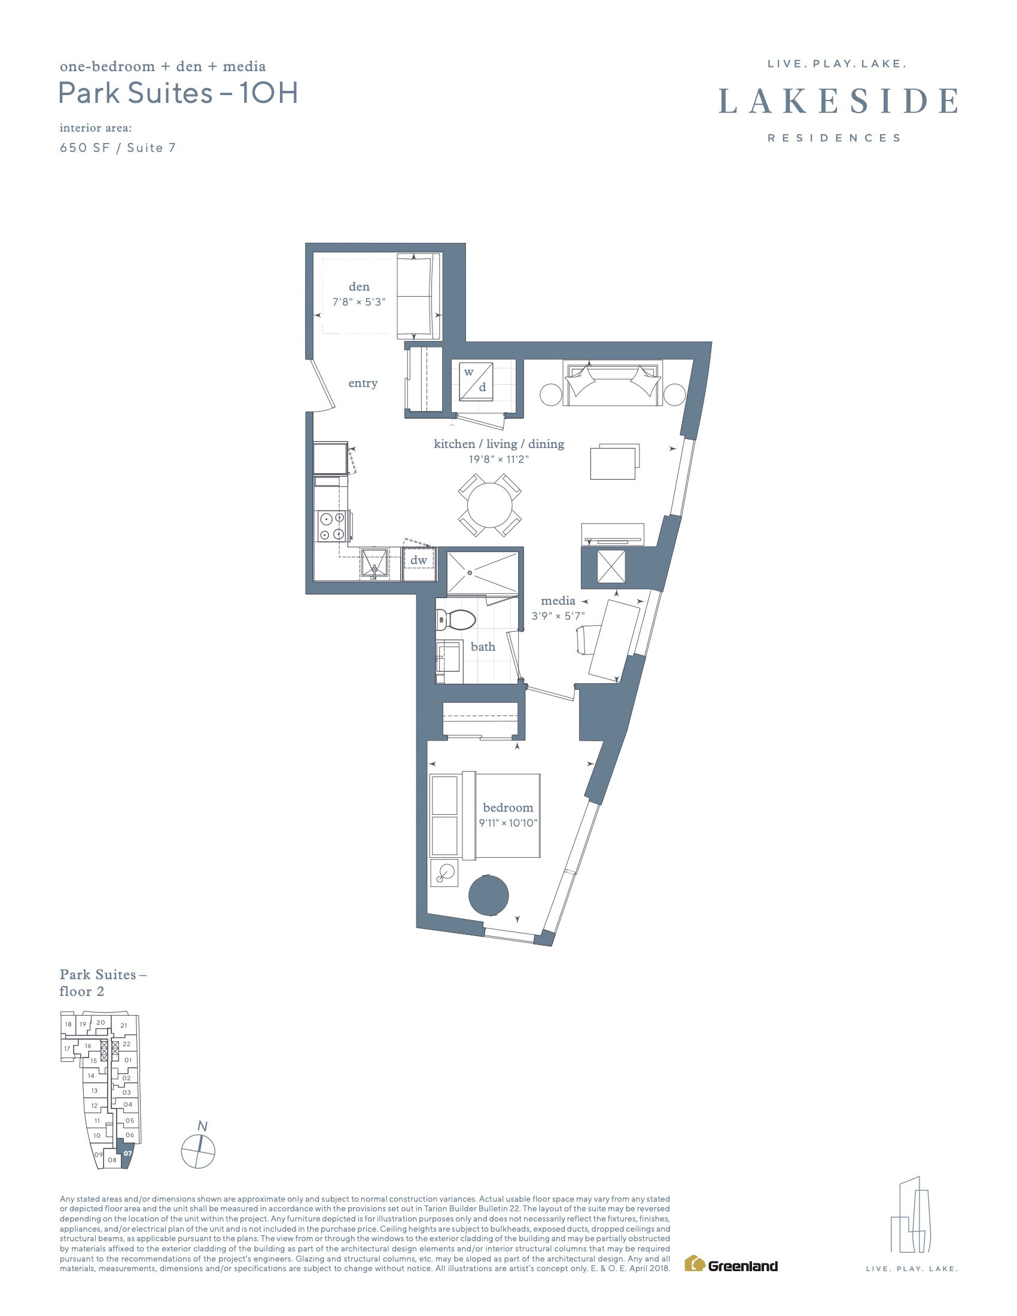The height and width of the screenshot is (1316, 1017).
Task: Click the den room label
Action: coord(359,287)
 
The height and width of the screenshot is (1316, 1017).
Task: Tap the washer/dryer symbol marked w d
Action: coord(476,382)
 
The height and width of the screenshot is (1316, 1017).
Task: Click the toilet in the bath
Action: coord(455,620)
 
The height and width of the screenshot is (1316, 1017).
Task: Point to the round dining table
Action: coord(490,505)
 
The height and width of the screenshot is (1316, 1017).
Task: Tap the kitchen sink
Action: coord(374,563)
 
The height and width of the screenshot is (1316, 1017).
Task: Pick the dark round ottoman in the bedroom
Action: coord(489,895)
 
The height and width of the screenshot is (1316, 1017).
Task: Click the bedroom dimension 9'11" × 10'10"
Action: coord(508,823)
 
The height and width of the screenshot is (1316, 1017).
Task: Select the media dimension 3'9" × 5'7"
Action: coord(558,616)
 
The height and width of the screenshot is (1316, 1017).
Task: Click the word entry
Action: coord(363,383)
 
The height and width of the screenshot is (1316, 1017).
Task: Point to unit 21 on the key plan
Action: coord(124,1025)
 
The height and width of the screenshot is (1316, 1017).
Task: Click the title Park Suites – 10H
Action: coord(178,93)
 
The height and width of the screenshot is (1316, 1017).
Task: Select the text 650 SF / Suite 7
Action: coord(118,148)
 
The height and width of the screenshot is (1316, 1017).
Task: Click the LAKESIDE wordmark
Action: coord(838,100)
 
